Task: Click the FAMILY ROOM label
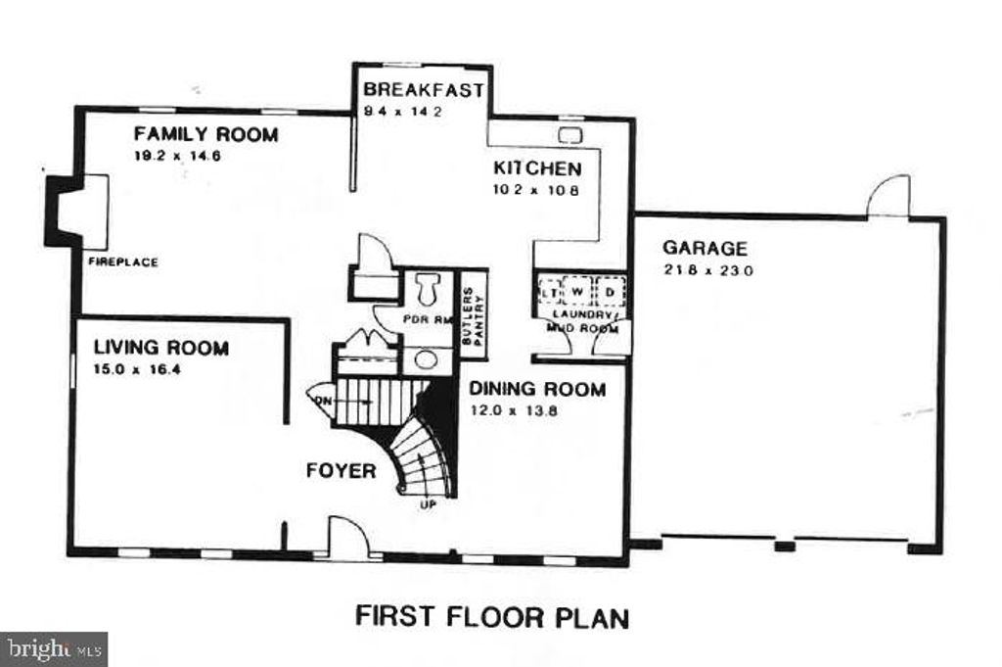point(205,135)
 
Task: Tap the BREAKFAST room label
point(423,90)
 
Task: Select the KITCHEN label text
point(536,168)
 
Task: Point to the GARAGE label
point(705,249)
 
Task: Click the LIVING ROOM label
point(161,348)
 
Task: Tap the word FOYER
point(341,471)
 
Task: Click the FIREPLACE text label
point(123,262)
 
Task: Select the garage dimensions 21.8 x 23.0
point(707,271)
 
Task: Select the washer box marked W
point(578,293)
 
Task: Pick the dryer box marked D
point(609,293)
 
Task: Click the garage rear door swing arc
point(888,195)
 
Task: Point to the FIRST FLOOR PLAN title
point(491,617)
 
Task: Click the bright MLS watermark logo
point(54,648)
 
